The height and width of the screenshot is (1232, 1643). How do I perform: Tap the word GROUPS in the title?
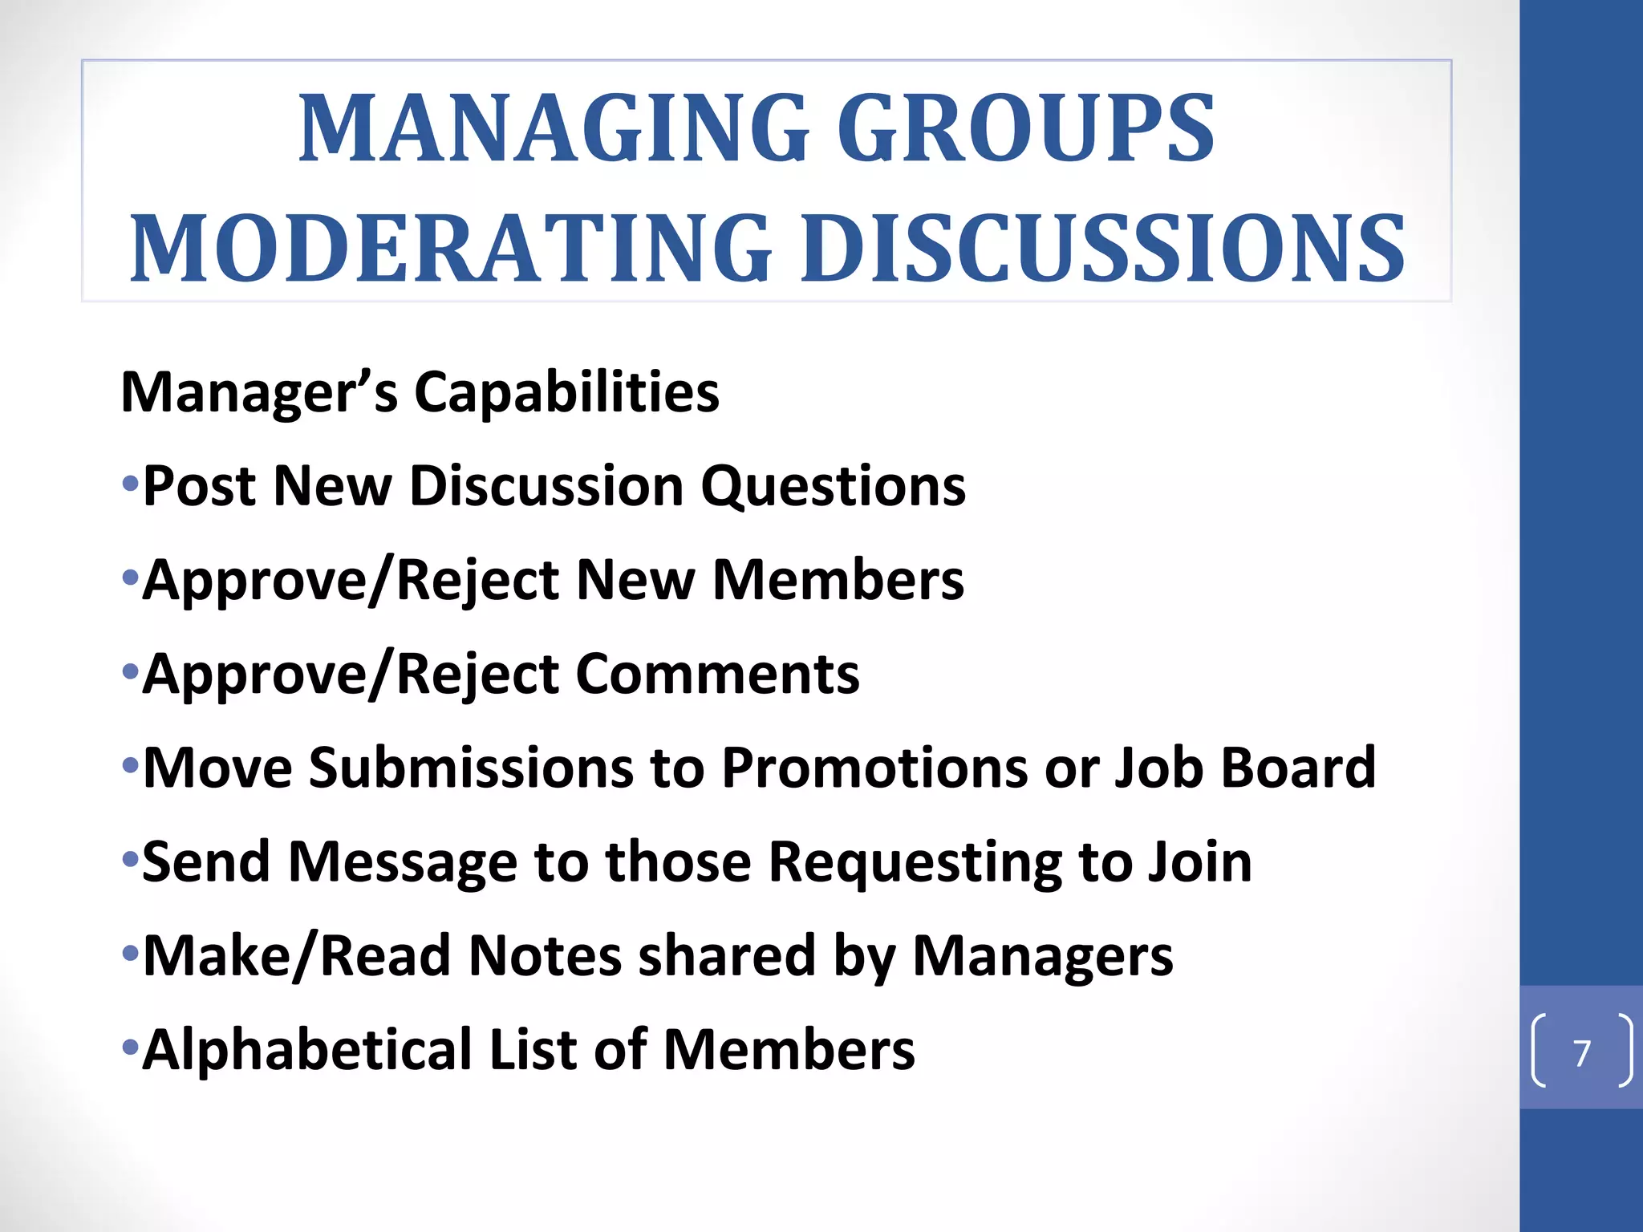point(1026,128)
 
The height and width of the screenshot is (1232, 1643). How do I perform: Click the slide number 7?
point(1581,1053)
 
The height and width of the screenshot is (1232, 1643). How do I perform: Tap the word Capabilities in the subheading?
point(566,392)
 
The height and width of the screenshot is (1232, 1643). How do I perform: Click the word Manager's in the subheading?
point(258,392)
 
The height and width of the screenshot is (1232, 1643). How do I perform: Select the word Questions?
point(834,486)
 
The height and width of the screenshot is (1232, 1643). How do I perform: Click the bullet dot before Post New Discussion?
point(130,484)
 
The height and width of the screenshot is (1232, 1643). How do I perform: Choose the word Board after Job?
point(1297,768)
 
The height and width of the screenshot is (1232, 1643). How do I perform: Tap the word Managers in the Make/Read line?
point(1043,955)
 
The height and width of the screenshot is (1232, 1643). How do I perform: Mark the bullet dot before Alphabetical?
point(130,1048)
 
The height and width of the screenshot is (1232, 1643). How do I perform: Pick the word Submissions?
point(472,768)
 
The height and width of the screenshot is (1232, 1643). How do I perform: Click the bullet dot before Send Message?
point(130,861)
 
